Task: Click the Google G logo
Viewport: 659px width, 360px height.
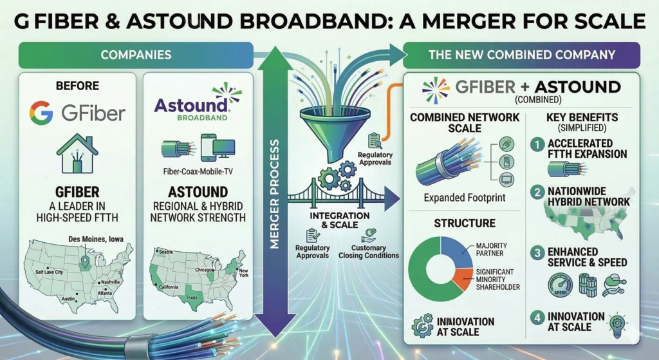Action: pos(42,113)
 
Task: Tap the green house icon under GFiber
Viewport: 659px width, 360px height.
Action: pos(77,153)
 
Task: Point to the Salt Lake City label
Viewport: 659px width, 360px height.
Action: pos(51,272)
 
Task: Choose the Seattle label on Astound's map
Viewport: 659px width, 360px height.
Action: pos(167,252)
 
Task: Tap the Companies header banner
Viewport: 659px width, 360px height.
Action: pos(136,55)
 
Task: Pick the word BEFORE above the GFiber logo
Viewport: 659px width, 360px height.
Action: pos(77,86)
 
